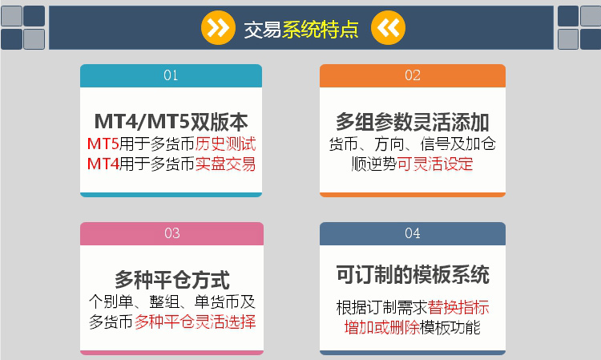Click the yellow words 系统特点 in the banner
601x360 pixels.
(x=321, y=29)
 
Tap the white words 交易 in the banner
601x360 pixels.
(x=263, y=29)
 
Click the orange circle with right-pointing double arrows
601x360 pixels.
(x=218, y=27)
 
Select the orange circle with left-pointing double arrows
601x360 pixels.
(x=388, y=27)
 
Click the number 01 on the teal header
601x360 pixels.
(x=171, y=75)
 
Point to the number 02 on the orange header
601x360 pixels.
(x=413, y=75)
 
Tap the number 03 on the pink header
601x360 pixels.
(x=172, y=233)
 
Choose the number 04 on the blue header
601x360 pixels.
(x=413, y=233)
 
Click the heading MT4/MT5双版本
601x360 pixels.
(x=171, y=122)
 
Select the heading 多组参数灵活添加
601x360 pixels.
(x=413, y=122)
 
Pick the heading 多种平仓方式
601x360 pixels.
(x=172, y=280)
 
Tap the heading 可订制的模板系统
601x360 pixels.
(x=413, y=274)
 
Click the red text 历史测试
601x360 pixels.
(x=225, y=144)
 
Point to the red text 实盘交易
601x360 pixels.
(x=225, y=164)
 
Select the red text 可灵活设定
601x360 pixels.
(x=435, y=164)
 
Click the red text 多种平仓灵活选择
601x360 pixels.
(x=195, y=322)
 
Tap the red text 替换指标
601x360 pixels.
(x=458, y=307)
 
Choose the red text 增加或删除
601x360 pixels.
(x=381, y=327)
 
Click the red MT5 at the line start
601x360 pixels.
(x=103, y=144)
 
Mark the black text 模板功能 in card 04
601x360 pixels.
(x=450, y=327)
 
